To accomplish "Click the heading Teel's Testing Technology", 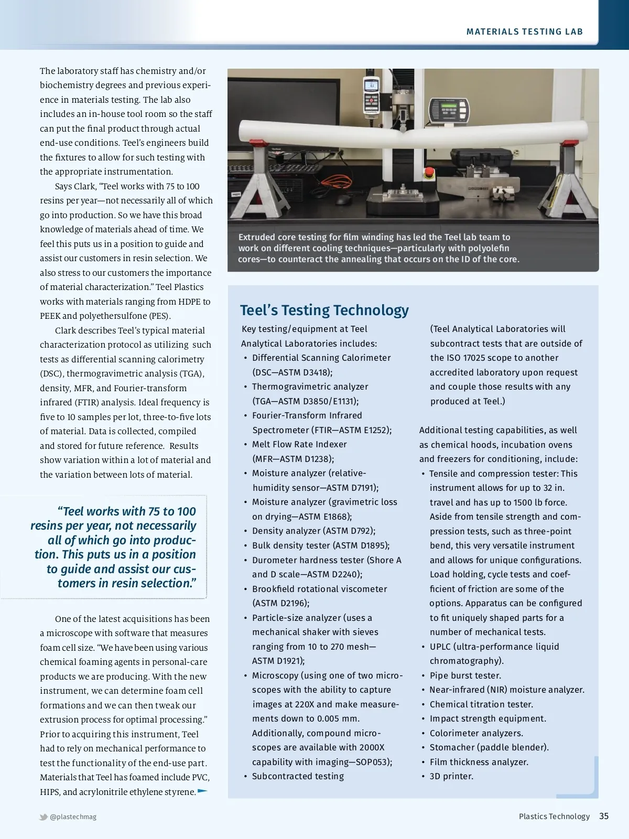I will tap(324, 310).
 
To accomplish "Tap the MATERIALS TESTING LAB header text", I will tap(524, 32).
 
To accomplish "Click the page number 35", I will tap(604, 816).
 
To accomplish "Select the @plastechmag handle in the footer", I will tap(73, 816).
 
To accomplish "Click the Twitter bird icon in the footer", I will tap(44, 817).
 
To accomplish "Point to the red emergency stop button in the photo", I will tap(429, 173).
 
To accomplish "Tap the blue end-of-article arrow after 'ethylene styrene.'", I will tap(202, 791).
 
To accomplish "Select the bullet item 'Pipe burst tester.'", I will tap(465, 675).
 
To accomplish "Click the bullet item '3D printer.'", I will tap(451, 776).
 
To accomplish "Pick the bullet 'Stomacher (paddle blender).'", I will tap(489, 747).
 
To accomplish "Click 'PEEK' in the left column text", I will tap(50, 316).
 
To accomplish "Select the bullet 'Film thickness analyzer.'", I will tap(479, 762).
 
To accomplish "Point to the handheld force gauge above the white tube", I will tap(371, 94).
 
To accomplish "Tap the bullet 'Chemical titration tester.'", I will tap(481, 704).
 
